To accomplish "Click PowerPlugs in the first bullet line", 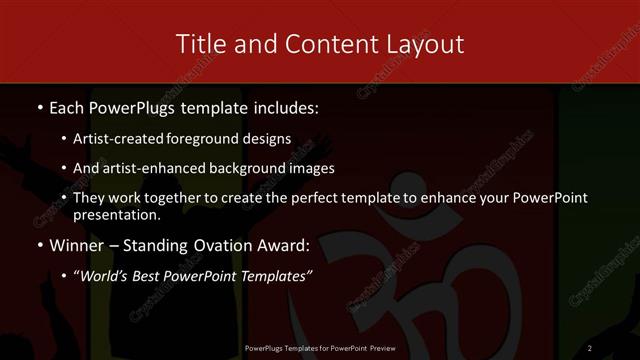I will [131, 106].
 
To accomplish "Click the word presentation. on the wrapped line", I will [116, 214].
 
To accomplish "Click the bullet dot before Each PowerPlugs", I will [39, 106].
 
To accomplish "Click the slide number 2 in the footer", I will [590, 347].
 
